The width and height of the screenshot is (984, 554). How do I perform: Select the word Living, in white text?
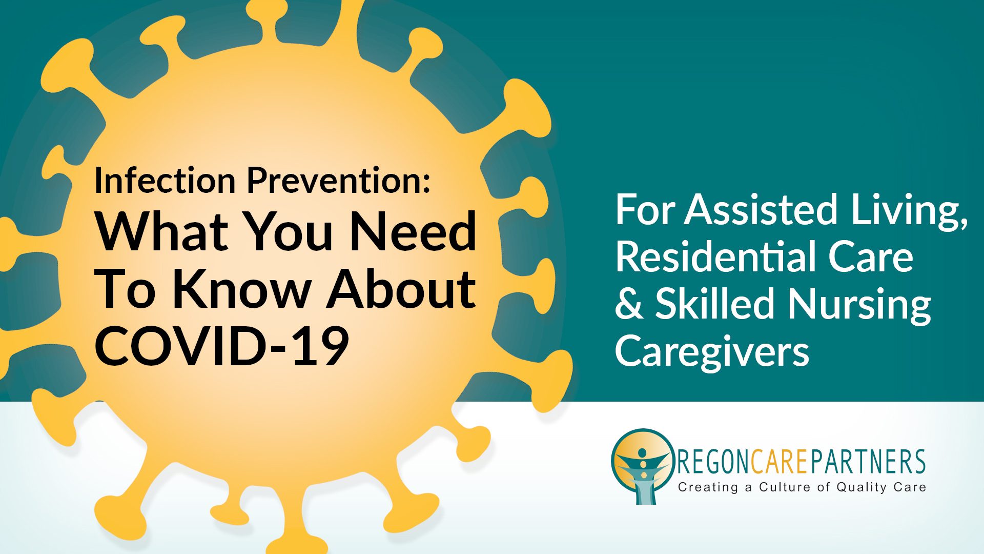click(x=910, y=211)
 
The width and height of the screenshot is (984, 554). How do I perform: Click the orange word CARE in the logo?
click(x=780, y=461)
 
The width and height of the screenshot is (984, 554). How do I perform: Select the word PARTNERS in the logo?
click(x=868, y=461)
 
